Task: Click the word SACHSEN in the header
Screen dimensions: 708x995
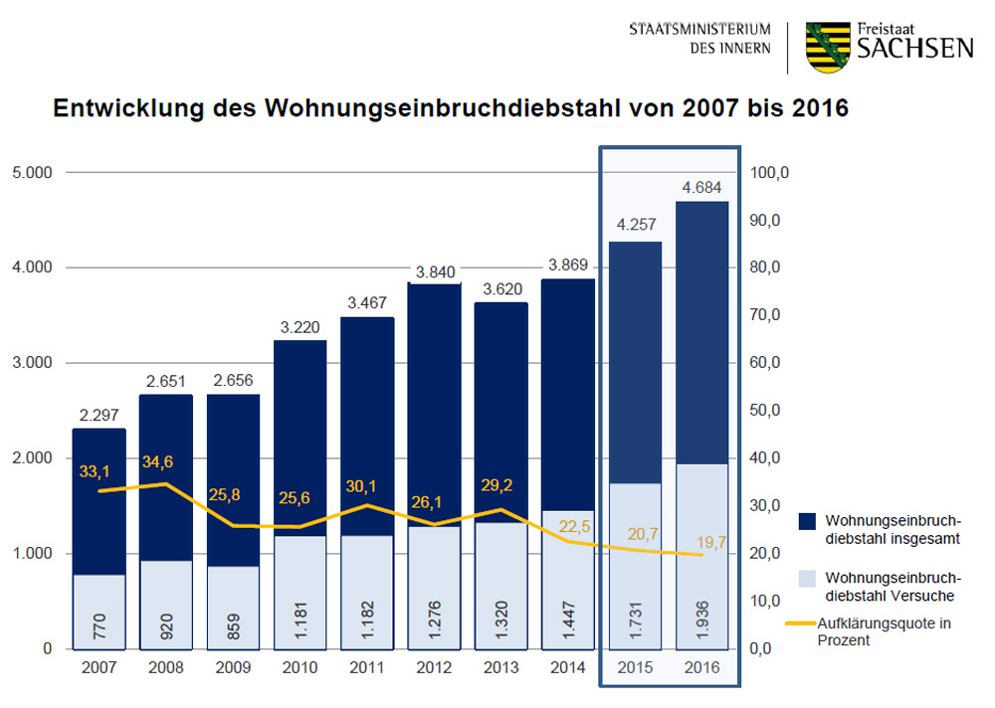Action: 915,48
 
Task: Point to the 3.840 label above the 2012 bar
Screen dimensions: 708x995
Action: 434,270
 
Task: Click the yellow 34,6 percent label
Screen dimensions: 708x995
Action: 158,463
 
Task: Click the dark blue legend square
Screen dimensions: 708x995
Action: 807,520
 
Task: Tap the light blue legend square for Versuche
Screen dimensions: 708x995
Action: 807,578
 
